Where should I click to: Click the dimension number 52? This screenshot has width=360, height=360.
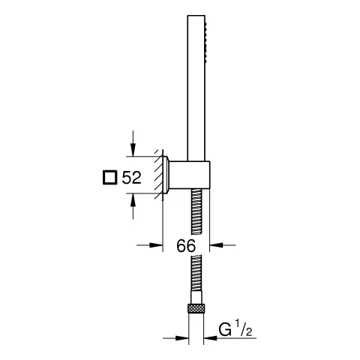point(131,178)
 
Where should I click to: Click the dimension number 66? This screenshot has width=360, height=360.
point(186,245)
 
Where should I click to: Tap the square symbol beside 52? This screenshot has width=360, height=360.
point(109,178)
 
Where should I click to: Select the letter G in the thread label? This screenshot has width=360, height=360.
point(225,330)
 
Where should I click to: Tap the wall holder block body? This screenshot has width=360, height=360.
point(189,175)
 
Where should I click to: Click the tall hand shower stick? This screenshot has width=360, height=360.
point(196,88)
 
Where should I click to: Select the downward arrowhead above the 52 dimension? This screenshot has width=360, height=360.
point(133,150)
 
